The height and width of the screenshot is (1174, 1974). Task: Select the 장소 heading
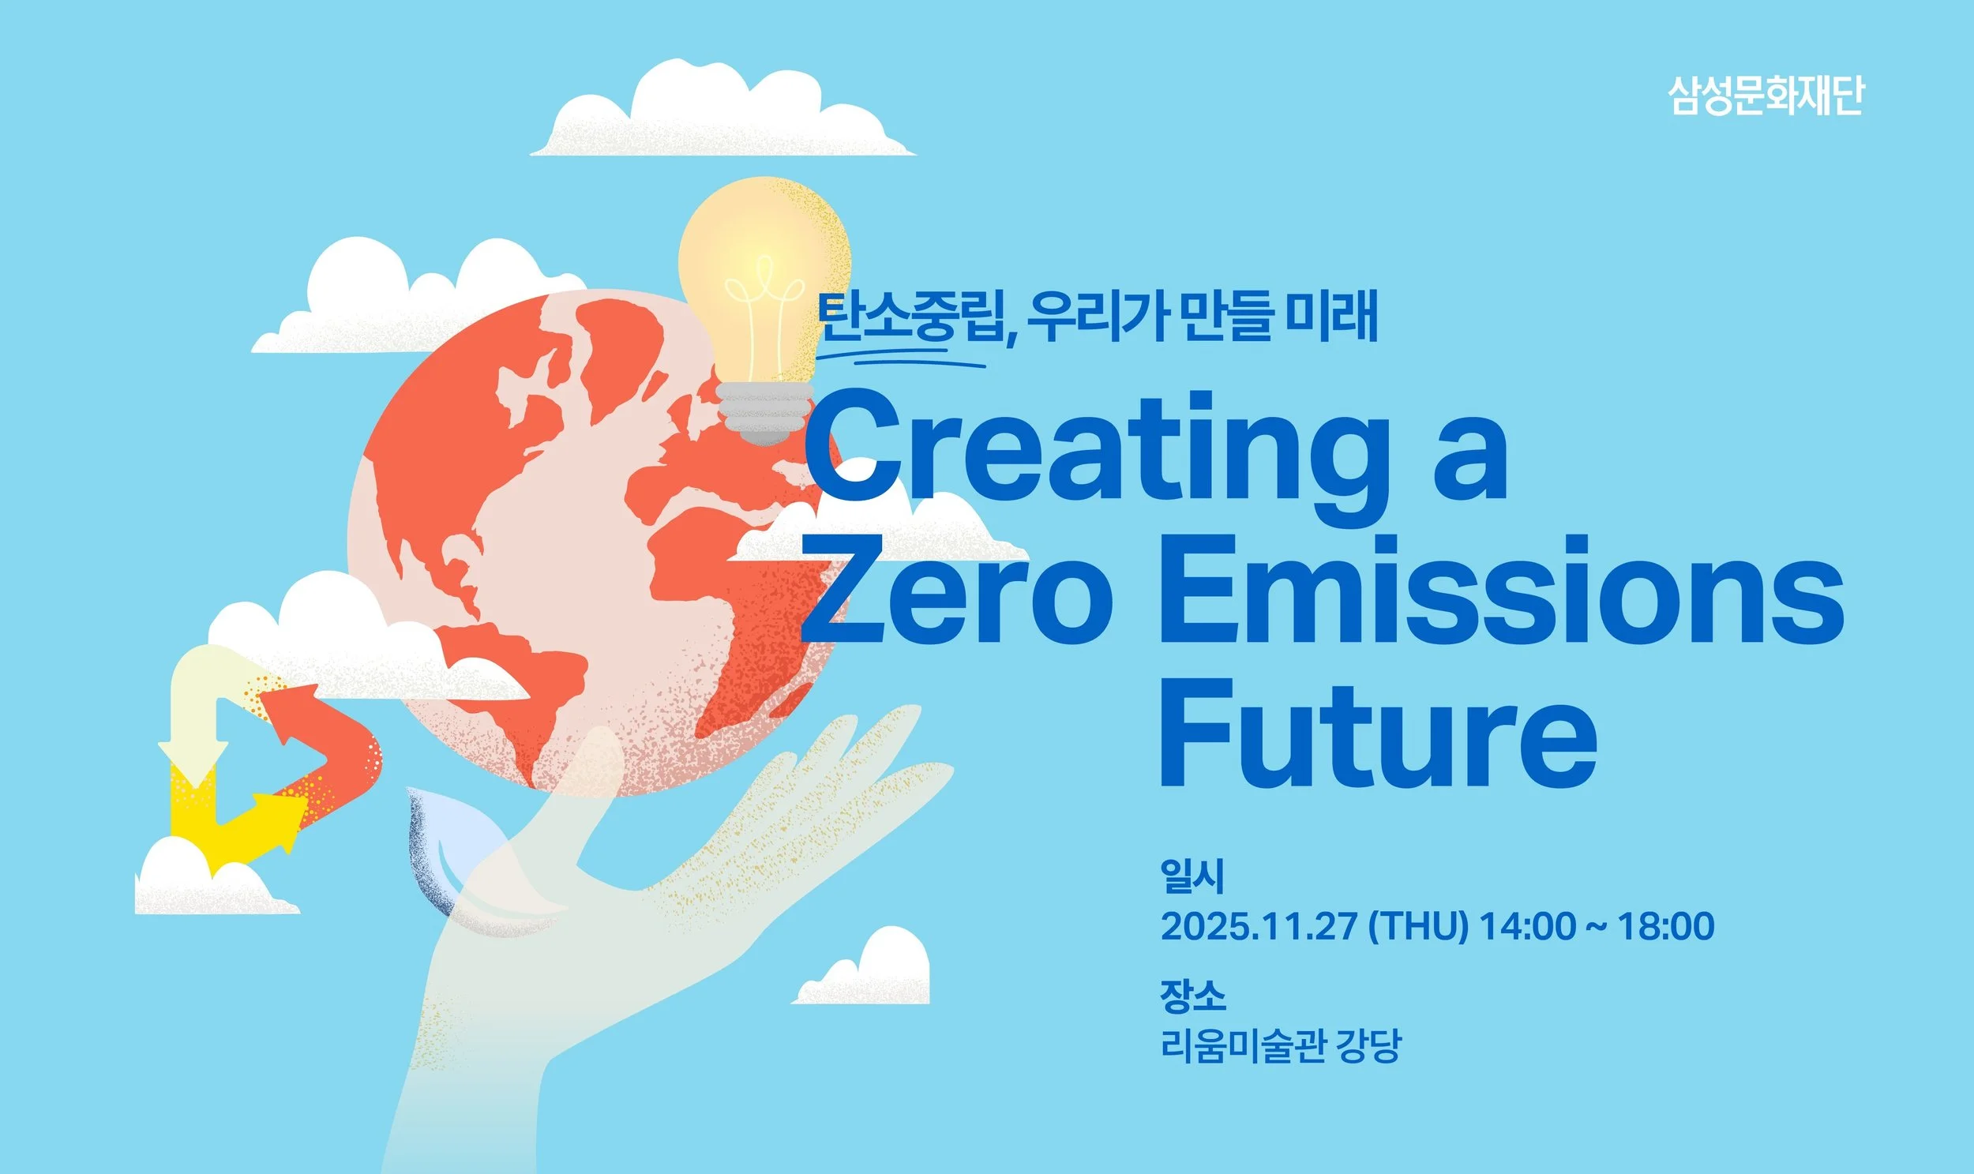[x=1193, y=996]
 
